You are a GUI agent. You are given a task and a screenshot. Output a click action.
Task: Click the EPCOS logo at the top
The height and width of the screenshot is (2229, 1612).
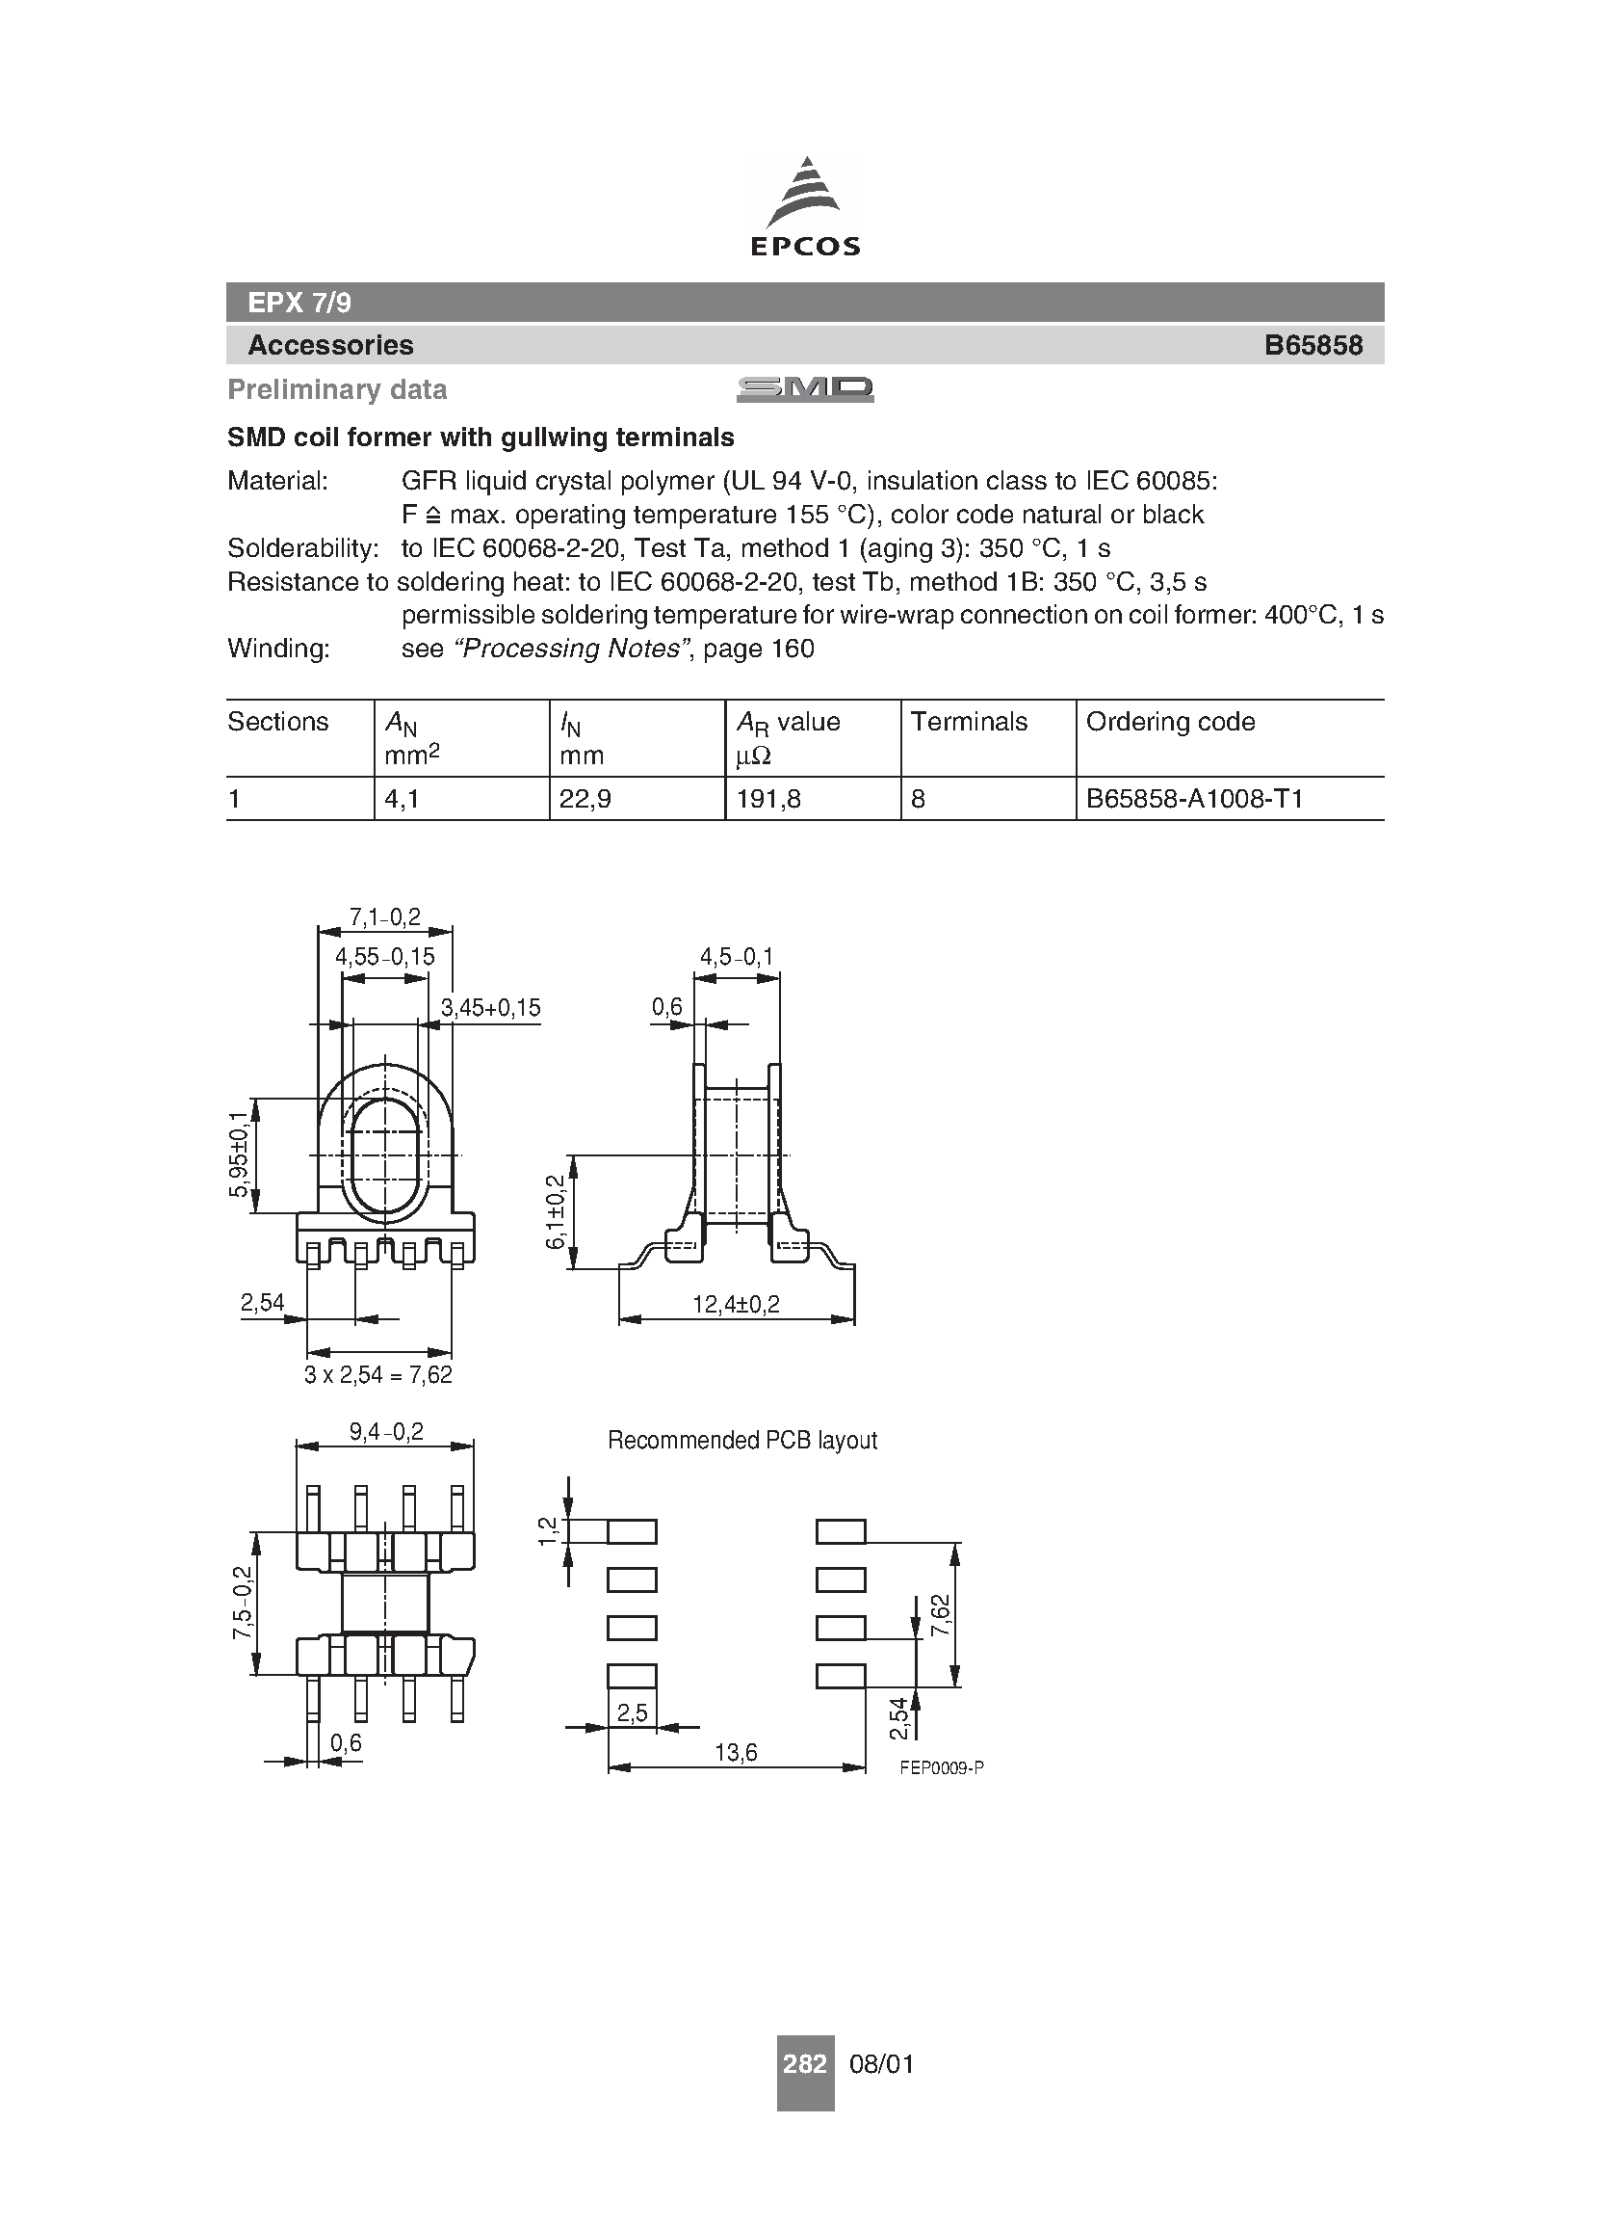804,207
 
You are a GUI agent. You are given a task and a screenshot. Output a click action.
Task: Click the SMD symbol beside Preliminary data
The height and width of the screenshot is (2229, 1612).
804,389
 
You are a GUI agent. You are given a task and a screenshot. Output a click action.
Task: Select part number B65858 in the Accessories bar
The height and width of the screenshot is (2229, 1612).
1313,345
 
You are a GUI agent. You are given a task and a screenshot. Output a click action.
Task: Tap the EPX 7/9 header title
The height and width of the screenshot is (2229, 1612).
299,303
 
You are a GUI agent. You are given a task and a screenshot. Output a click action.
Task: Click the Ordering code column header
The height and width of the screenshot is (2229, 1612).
1170,722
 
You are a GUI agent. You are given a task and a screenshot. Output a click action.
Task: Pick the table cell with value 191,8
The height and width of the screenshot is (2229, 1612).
768,799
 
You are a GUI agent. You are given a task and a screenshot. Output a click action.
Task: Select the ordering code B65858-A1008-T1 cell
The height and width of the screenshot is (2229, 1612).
1193,799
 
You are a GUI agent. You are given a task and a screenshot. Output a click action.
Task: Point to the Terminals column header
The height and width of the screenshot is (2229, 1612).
969,722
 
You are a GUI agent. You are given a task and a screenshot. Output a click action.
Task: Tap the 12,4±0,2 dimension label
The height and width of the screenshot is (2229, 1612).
736,1304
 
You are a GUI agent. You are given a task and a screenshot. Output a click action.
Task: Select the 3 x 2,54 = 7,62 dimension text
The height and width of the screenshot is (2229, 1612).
378,1375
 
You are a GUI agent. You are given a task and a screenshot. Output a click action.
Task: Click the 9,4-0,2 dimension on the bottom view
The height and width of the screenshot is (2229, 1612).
386,1432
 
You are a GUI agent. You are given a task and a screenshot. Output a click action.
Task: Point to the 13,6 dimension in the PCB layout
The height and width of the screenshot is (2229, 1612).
736,1752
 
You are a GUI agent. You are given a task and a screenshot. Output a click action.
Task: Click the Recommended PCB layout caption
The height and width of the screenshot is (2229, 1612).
741,1441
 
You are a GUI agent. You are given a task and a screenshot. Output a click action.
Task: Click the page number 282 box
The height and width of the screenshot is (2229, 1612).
804,2063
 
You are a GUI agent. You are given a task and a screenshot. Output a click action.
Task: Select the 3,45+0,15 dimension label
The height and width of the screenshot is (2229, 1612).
490,1007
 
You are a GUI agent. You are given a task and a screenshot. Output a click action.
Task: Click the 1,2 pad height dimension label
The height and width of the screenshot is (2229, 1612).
548,1530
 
